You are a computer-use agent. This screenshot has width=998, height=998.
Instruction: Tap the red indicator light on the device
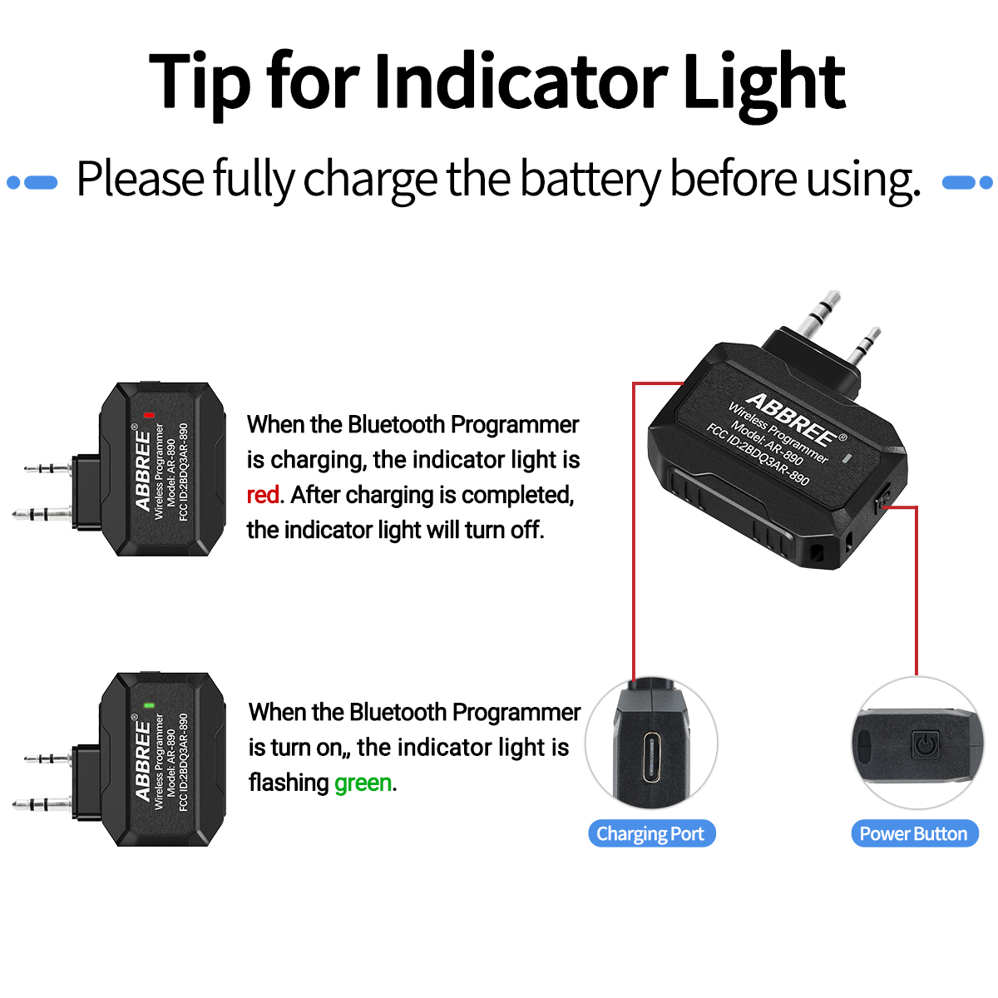(149, 414)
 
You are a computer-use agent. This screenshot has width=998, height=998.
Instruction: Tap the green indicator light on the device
(149, 704)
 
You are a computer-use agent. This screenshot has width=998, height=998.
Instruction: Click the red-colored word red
(263, 495)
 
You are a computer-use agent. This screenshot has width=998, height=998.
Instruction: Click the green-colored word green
(363, 783)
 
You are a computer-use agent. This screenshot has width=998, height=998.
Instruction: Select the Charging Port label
(650, 833)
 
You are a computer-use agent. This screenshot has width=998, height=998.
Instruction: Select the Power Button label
(913, 833)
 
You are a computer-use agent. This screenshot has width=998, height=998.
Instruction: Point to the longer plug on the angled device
(818, 311)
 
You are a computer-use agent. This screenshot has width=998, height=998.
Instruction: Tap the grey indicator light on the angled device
(847, 458)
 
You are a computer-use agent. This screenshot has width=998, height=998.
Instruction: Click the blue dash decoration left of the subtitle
(32, 182)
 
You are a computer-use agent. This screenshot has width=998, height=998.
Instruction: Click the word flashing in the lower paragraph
(289, 783)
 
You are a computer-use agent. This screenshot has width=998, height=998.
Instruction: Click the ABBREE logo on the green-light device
(143, 760)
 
